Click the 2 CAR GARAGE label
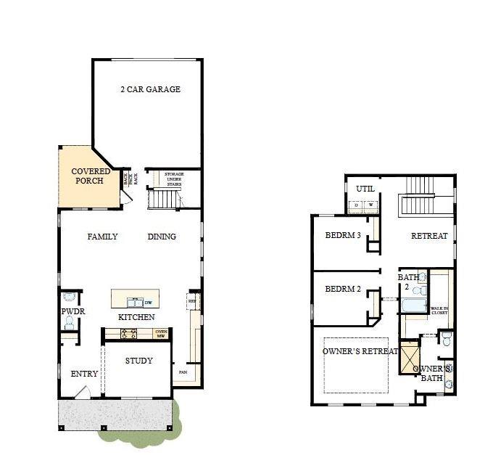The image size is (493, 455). click(x=150, y=89)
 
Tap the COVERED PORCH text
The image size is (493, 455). click(x=91, y=176)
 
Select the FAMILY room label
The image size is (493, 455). click(x=102, y=237)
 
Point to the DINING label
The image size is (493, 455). click(x=162, y=237)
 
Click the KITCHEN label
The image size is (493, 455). click(x=136, y=318)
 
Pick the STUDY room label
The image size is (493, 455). click(x=138, y=361)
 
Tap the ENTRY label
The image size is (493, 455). click(x=84, y=374)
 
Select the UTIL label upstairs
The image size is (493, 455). click(x=364, y=189)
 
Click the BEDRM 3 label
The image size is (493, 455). click(x=343, y=236)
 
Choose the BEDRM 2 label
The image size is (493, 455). click(x=343, y=289)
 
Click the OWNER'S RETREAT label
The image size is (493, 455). click(x=360, y=351)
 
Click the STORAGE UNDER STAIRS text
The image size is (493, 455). click(x=173, y=179)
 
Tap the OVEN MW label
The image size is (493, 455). click(x=162, y=334)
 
